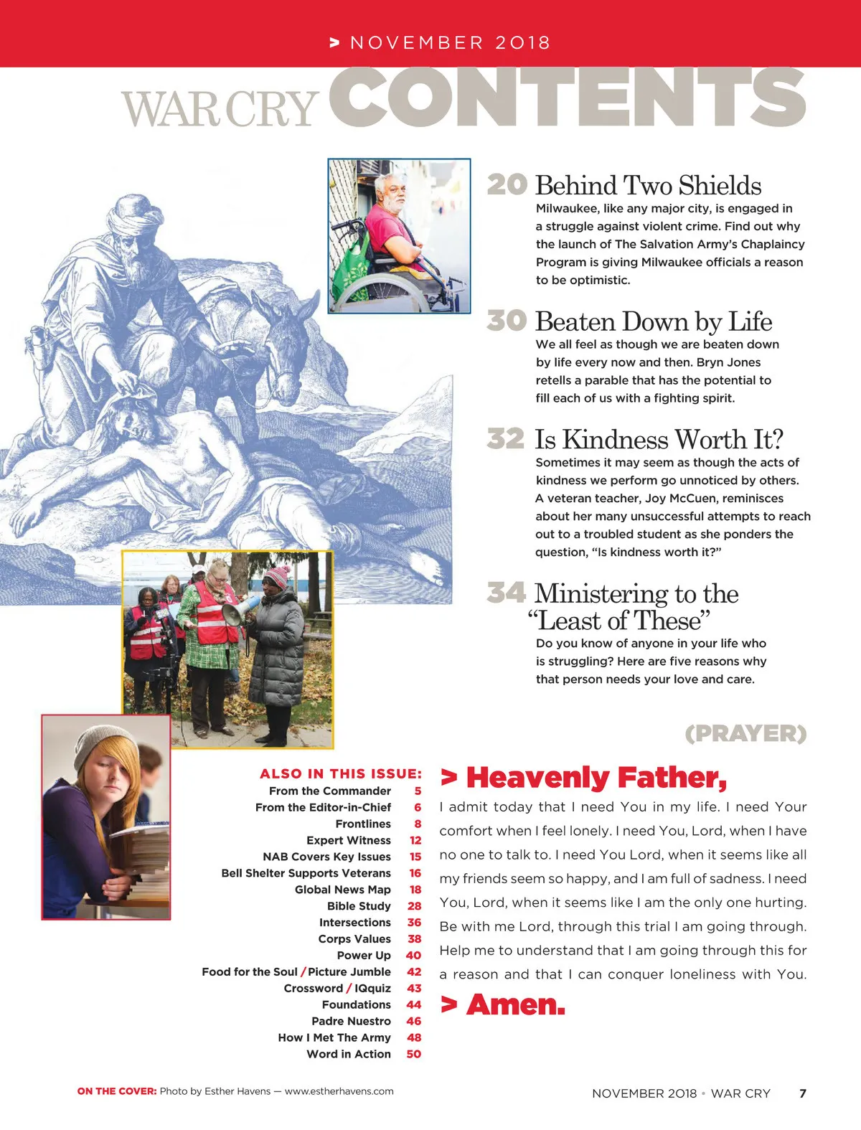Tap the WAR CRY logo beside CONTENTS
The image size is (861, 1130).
[220, 110]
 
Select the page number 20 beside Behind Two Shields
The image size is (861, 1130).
[507, 184]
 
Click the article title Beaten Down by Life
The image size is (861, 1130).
[653, 321]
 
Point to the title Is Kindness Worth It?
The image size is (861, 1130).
[659, 439]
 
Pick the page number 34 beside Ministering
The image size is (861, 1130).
[506, 593]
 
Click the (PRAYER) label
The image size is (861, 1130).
[745, 733]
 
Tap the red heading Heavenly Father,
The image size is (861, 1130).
[596, 778]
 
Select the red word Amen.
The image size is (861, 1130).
[515, 1004]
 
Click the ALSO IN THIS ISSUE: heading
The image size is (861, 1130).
[341, 773]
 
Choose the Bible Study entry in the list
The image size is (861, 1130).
[359, 906]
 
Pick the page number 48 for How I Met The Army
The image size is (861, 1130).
[414, 1037]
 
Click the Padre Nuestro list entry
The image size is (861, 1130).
[351, 1021]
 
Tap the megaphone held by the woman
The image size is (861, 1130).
[237, 611]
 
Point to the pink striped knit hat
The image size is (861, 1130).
[276, 576]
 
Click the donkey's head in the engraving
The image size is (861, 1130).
[287, 337]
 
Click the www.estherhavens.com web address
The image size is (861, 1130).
[339, 1091]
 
